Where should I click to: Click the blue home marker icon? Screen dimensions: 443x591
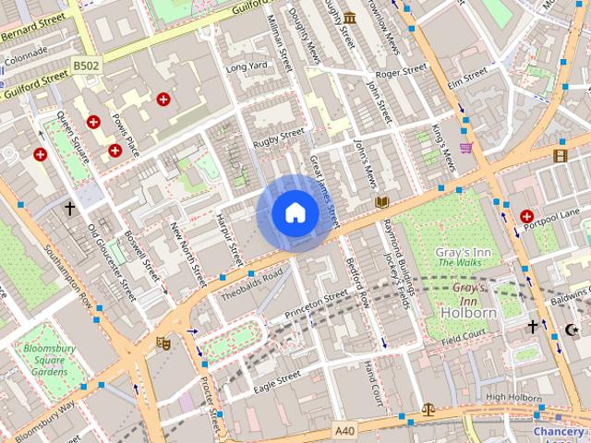[x=295, y=213]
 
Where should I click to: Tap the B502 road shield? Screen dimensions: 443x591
[x=86, y=66]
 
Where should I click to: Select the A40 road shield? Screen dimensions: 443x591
[x=344, y=430]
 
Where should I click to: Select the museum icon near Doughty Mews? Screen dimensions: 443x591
[x=350, y=18]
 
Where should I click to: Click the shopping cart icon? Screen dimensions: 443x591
[x=466, y=147]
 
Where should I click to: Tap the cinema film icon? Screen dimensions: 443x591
[x=560, y=155]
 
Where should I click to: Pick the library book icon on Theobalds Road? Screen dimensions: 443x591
[x=382, y=201]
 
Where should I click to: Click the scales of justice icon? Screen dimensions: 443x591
[x=428, y=408]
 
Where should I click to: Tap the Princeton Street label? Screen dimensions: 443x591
[x=317, y=299]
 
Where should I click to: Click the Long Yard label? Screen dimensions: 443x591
[x=247, y=66]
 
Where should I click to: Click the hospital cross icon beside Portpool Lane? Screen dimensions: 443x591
[x=526, y=216]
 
